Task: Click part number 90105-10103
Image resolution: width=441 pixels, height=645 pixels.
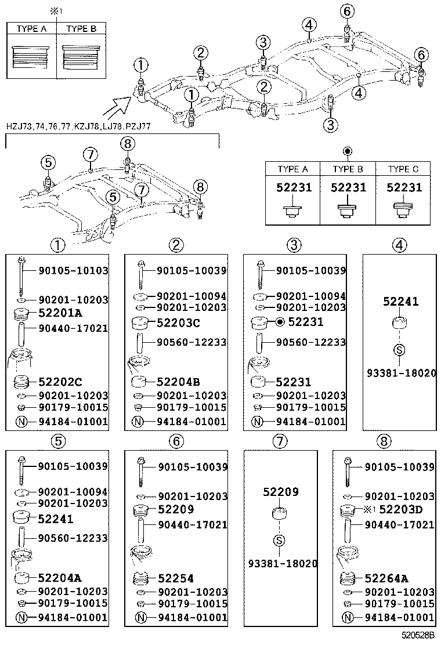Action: tap(73, 270)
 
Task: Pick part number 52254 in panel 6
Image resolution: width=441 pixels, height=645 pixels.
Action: tap(176, 578)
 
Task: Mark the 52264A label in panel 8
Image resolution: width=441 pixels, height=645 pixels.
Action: tap(387, 578)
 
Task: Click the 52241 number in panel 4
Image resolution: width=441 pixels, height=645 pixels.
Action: tap(400, 302)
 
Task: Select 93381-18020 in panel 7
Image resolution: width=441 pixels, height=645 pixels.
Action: tap(283, 563)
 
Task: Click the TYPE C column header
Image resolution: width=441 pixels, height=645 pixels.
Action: tap(403, 169)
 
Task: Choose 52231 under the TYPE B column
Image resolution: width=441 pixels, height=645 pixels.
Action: tap(348, 188)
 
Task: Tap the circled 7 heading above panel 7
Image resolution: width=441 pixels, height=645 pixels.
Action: tap(280, 441)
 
